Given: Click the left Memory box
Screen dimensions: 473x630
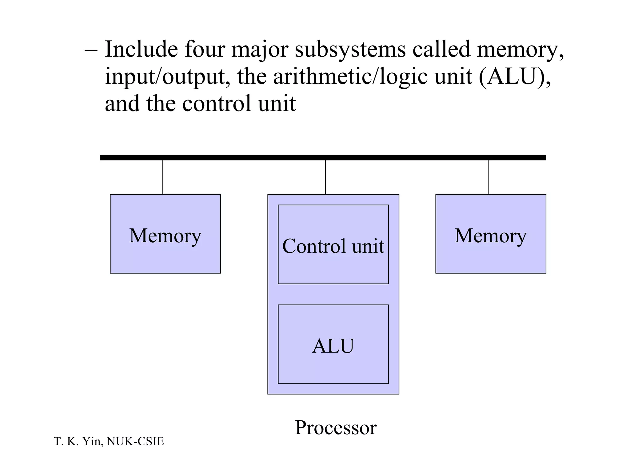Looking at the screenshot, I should (x=165, y=234).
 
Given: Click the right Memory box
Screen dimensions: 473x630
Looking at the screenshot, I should (x=491, y=234).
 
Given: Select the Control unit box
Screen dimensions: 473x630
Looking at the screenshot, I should (x=333, y=245).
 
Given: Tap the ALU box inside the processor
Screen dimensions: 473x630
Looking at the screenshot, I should (x=333, y=345).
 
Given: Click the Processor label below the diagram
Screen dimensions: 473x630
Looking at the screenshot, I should (x=336, y=427).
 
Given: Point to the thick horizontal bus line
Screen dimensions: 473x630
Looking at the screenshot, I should (x=323, y=158).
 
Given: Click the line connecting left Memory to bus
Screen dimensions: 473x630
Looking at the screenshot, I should (x=163, y=177).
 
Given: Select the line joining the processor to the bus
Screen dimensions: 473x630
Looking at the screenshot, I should (x=325, y=177).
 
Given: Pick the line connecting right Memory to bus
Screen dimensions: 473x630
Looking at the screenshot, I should (x=488, y=177).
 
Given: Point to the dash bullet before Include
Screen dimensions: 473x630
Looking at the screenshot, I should (x=91, y=51).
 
